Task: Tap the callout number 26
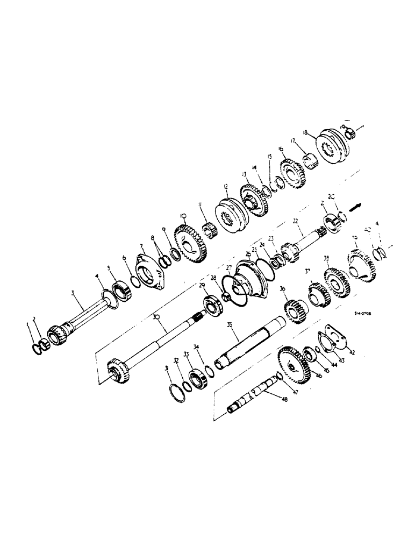[248, 254]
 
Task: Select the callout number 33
[186, 354]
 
